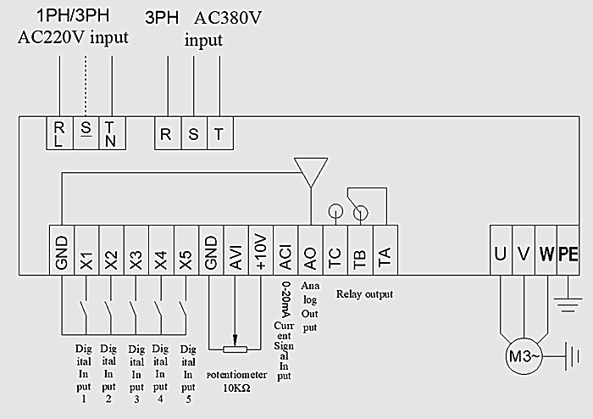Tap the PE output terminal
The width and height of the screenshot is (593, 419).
tap(568, 253)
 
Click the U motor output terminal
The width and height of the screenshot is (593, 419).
tap(501, 253)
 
